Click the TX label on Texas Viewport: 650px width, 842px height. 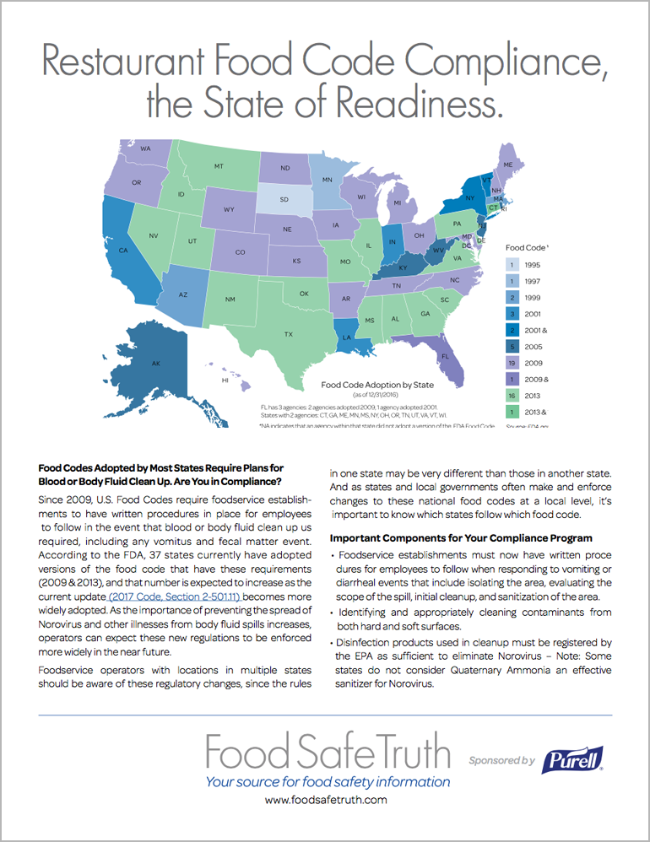(x=289, y=334)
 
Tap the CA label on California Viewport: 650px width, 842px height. (x=122, y=251)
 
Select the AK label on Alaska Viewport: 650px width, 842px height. (x=155, y=364)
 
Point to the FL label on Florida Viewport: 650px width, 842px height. (x=443, y=356)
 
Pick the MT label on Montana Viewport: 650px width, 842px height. (x=219, y=166)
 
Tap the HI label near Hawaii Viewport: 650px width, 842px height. (x=225, y=381)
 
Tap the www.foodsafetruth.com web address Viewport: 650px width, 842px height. (x=326, y=799)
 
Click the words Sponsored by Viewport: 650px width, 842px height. (x=502, y=760)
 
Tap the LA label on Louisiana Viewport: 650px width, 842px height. (x=345, y=336)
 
